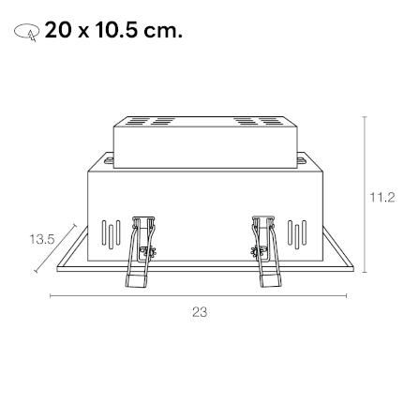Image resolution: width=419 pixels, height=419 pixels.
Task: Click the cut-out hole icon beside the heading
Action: point(26,32)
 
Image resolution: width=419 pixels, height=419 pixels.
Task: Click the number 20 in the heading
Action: point(57,31)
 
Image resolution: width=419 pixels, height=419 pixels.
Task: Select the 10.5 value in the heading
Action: point(116,31)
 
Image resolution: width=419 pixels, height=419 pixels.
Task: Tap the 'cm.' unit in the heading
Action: point(162,31)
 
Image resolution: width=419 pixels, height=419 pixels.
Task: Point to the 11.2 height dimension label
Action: point(382,198)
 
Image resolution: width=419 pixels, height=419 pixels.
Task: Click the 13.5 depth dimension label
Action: point(42,239)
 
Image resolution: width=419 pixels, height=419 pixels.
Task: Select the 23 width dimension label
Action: point(200,312)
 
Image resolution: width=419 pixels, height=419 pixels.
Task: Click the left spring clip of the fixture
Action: point(140,251)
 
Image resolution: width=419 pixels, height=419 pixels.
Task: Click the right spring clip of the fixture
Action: point(266,251)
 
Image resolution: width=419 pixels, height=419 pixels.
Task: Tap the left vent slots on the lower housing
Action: point(111,234)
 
